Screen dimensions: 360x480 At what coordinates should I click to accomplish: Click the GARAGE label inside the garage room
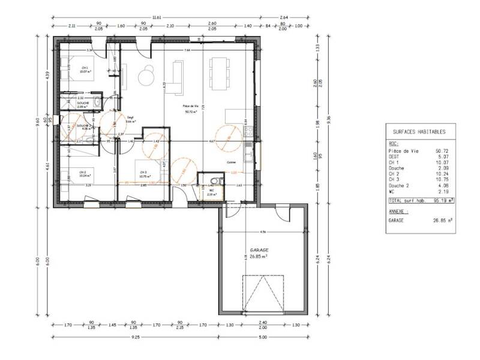pyautogui.click(x=259, y=249)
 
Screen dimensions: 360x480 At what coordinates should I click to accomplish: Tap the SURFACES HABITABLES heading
pyautogui.click(x=419, y=131)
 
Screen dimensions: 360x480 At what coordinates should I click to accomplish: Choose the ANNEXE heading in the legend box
pyautogui.click(x=400, y=211)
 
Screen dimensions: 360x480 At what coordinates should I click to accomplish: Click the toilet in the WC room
pyautogui.click(x=214, y=182)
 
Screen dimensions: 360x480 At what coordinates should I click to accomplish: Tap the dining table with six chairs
pyautogui.click(x=218, y=73)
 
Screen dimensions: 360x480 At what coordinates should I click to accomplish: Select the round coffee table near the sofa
pyautogui.click(x=146, y=77)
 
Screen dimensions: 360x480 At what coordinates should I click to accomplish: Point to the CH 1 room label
pyautogui.click(x=85, y=68)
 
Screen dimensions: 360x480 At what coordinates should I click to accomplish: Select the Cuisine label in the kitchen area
pyautogui.click(x=231, y=162)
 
